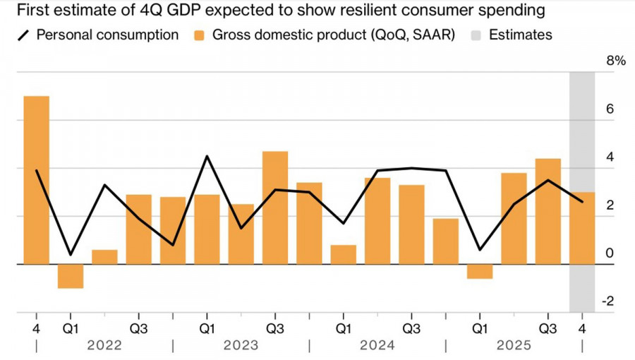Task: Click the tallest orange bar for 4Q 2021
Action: [x=37, y=180]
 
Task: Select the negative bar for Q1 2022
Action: [x=71, y=276]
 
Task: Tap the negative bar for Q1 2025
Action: [x=480, y=272]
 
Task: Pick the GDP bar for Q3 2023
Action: [x=275, y=208]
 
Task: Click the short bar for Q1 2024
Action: [x=343, y=255]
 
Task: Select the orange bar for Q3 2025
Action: [x=548, y=211]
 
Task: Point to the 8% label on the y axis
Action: [x=616, y=61]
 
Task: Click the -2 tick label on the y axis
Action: [x=607, y=301]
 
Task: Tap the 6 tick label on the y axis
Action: [x=610, y=109]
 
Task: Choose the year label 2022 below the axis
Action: [x=104, y=346]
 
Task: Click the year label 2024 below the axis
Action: [x=377, y=346]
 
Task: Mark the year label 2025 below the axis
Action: [x=514, y=346]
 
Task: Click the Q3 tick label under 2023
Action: [x=275, y=329]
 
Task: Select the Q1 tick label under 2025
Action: [x=480, y=329]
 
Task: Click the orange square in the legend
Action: [x=199, y=35]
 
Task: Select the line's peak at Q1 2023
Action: [x=207, y=156]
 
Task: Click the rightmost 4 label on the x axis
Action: [x=582, y=329]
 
